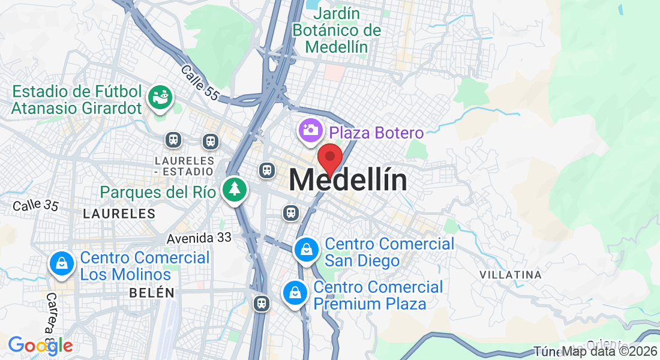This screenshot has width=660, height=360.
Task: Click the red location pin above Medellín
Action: (329, 158)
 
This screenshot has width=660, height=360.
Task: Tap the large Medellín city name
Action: (348, 180)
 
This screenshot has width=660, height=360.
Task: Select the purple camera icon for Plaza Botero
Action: (310, 131)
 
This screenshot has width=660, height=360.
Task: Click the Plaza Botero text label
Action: (376, 133)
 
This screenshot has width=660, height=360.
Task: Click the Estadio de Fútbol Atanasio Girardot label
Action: (77, 100)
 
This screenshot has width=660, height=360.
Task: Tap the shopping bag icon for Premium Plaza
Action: (295, 293)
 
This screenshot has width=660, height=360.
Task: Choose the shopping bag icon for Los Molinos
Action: (61, 263)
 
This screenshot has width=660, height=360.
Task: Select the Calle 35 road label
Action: (35, 205)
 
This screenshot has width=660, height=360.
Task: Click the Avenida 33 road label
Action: (199, 238)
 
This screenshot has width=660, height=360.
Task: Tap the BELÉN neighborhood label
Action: (152, 293)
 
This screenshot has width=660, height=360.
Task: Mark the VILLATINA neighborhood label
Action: (511, 275)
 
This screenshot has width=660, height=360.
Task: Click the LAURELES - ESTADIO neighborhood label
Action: (184, 166)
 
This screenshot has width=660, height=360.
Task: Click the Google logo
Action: (40, 346)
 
